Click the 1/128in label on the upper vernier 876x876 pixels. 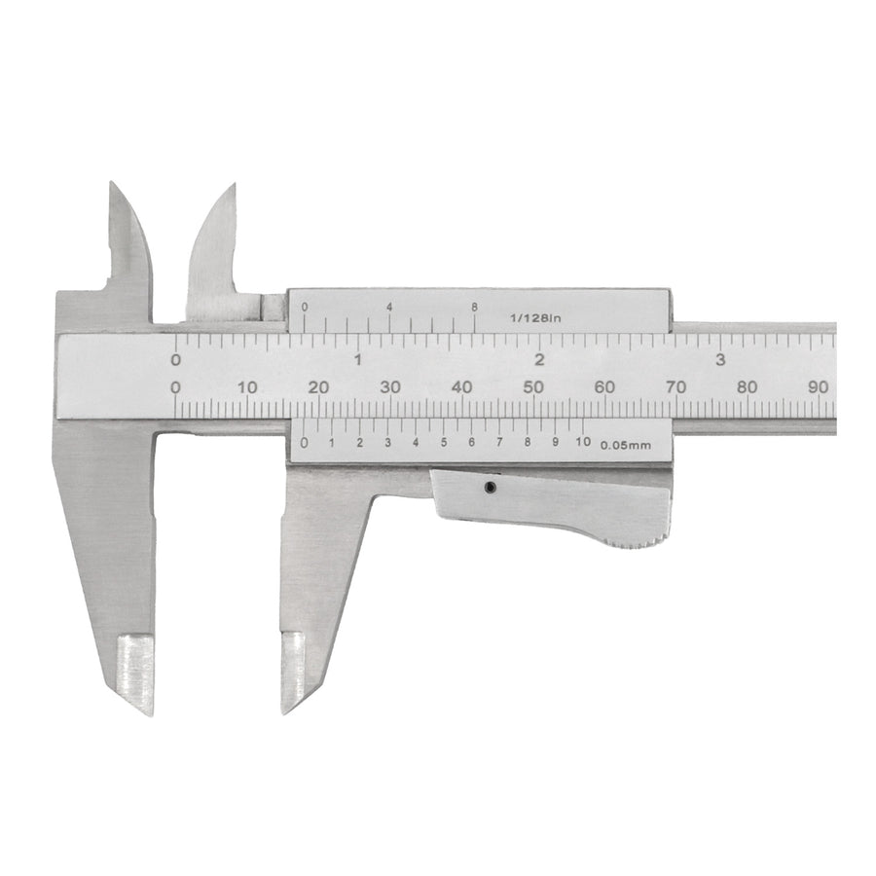point(535,318)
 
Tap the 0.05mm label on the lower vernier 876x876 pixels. point(626,445)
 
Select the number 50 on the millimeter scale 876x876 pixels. point(533,386)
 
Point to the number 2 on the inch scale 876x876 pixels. point(539,360)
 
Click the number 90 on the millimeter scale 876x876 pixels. point(819,386)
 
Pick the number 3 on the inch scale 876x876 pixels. point(720,360)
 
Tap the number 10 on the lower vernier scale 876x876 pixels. point(583,442)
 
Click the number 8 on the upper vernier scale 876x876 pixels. point(474,307)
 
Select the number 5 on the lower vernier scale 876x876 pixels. point(444,443)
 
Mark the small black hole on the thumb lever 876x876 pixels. point(490,488)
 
